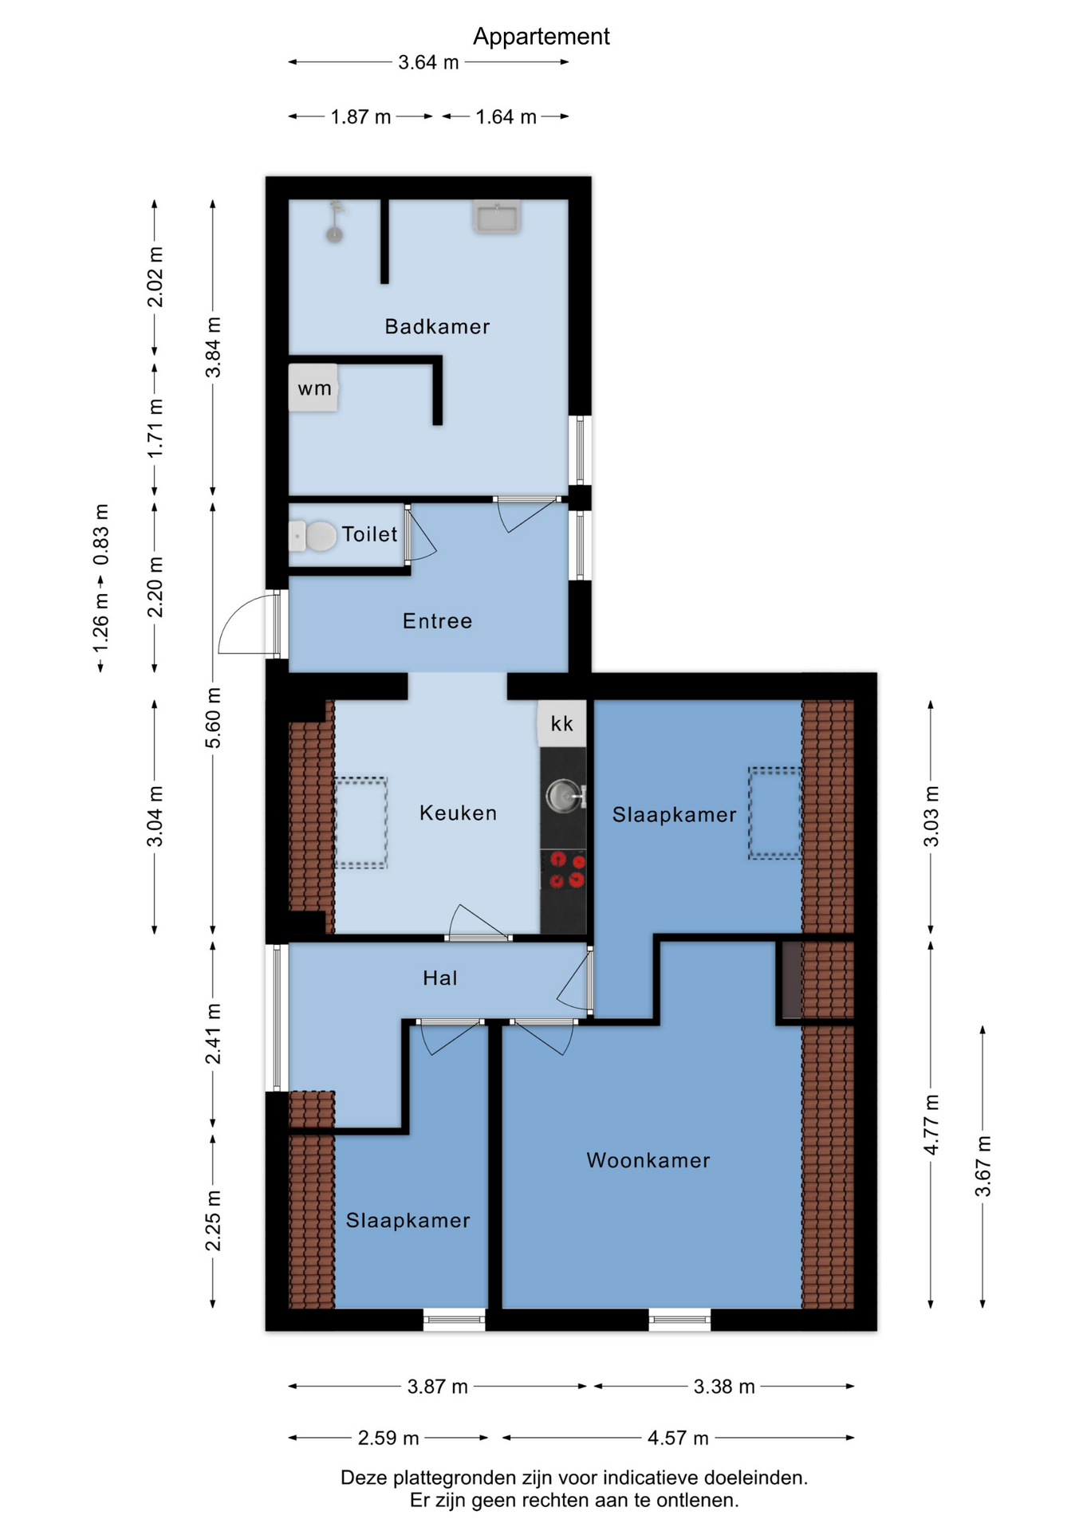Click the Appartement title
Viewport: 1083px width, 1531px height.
coord(541,37)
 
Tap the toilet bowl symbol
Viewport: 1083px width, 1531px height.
coord(312,536)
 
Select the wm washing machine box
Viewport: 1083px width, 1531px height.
coord(313,388)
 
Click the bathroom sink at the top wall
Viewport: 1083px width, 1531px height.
coord(497,216)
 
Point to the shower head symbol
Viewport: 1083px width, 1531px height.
coord(336,222)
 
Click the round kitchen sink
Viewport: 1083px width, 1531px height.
coord(564,796)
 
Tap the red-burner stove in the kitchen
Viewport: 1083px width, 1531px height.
coord(564,870)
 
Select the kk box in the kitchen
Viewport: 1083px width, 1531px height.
coord(562,723)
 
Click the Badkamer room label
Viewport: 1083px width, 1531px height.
coord(437,326)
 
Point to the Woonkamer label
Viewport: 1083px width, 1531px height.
coord(648,1160)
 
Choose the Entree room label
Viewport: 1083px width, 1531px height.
coord(437,621)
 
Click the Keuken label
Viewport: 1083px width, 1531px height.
coord(458,813)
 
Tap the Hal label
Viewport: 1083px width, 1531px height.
coord(440,978)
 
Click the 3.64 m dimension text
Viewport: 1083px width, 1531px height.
coord(428,62)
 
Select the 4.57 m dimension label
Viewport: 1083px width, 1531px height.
coord(678,1438)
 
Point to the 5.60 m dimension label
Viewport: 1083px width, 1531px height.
coord(213,718)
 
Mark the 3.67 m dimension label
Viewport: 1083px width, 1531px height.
coord(983,1167)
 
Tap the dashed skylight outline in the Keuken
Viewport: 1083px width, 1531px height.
coord(360,822)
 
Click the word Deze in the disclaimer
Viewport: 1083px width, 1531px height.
coord(364,1478)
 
